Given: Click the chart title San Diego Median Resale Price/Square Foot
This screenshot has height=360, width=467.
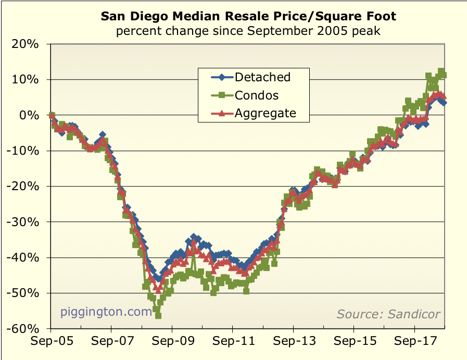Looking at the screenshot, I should [248, 16].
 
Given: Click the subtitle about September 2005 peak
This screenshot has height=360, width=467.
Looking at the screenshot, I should [248, 31].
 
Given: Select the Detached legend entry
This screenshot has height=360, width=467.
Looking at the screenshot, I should [262, 77].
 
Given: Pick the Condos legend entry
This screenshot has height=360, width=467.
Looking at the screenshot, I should [257, 95].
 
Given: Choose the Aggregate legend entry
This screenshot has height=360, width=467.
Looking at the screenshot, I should [265, 113].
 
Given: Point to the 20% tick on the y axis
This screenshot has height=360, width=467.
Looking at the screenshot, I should [26, 44].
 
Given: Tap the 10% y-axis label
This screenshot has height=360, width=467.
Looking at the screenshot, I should [26, 80].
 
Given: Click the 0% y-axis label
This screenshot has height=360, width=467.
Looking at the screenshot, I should [29, 115].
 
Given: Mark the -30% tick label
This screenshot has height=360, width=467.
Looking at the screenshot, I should [23, 222].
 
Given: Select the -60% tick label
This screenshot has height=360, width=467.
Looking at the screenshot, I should [23, 329].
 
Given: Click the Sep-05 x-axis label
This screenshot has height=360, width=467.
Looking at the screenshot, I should [51, 344].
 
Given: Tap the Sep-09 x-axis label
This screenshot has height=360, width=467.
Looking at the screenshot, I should [172, 344].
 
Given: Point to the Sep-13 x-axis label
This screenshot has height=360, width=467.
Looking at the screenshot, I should [293, 344].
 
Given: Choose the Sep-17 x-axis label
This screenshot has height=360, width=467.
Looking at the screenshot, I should [414, 344].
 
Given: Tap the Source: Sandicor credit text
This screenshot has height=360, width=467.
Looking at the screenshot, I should [388, 314].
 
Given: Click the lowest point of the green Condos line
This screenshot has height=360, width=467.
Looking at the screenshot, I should [158, 315].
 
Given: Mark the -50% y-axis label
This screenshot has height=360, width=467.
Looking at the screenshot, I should [23, 293].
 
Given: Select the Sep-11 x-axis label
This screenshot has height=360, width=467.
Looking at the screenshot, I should [232, 344].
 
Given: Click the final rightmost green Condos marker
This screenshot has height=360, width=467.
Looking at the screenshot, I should [443, 75].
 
